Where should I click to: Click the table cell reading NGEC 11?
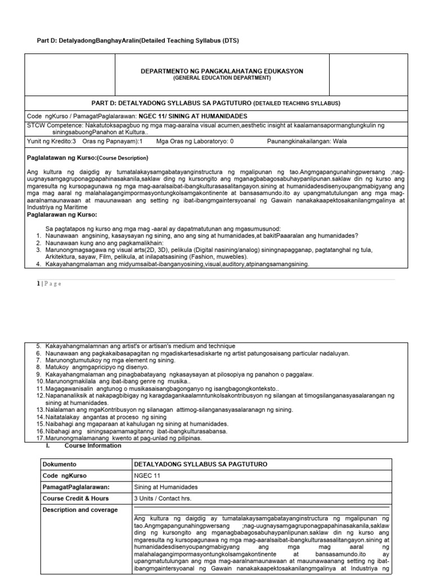(x=147, y=475)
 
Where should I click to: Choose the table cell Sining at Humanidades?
(x=166, y=487)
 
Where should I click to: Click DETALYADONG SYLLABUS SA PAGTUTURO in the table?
(x=200, y=464)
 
